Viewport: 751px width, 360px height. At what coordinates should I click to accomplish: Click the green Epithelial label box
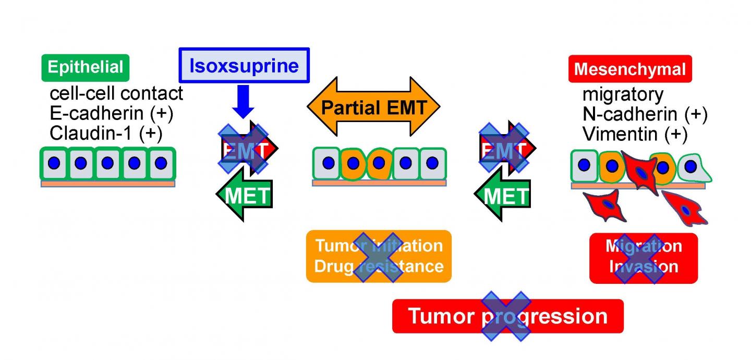[x=86, y=68]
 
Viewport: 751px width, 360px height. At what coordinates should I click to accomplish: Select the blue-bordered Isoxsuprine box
[x=244, y=65]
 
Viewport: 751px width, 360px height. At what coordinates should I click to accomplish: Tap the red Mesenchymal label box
[x=629, y=69]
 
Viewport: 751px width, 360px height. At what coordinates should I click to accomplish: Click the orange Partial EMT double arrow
[x=373, y=107]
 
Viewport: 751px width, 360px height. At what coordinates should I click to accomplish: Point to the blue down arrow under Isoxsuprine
[x=243, y=102]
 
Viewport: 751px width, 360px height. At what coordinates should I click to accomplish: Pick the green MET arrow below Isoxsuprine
[x=245, y=196]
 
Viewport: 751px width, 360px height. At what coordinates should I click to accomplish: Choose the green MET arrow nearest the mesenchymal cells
[x=502, y=196]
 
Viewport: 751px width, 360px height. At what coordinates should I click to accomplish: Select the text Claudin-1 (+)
[x=106, y=133]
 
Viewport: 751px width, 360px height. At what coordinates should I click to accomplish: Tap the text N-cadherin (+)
[x=645, y=114]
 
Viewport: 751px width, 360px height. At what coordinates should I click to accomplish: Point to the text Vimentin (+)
[x=635, y=134]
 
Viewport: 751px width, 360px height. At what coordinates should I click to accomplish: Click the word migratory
[x=623, y=95]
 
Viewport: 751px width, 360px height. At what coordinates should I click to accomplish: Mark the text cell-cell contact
[x=116, y=94]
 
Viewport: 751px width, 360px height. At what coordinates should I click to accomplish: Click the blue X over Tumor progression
[x=506, y=316]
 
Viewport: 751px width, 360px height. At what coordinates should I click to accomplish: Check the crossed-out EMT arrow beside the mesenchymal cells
[x=504, y=149]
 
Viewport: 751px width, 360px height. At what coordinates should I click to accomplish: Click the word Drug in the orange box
[x=333, y=266]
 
